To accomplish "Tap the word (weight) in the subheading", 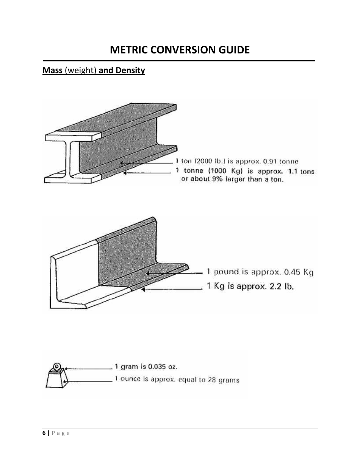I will pos(81,70).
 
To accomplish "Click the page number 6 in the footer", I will pos(44,433).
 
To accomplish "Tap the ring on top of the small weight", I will pos(57,366).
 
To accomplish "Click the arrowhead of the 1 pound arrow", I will pos(149,273).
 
